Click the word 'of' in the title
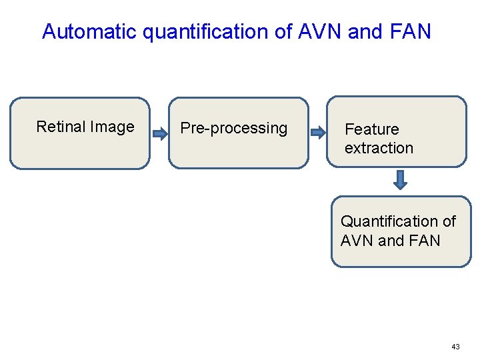tap(280, 31)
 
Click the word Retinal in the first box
tap(61, 127)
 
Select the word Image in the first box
tap(112, 127)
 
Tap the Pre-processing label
tap(234, 128)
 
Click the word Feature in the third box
tap(371, 129)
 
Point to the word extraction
tap(379, 148)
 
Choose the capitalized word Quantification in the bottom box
tap(389, 221)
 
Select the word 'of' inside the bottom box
tap(449, 221)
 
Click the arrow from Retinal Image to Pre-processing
tap(159, 134)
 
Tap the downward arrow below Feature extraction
tap(399, 180)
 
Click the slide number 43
tap(455, 347)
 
